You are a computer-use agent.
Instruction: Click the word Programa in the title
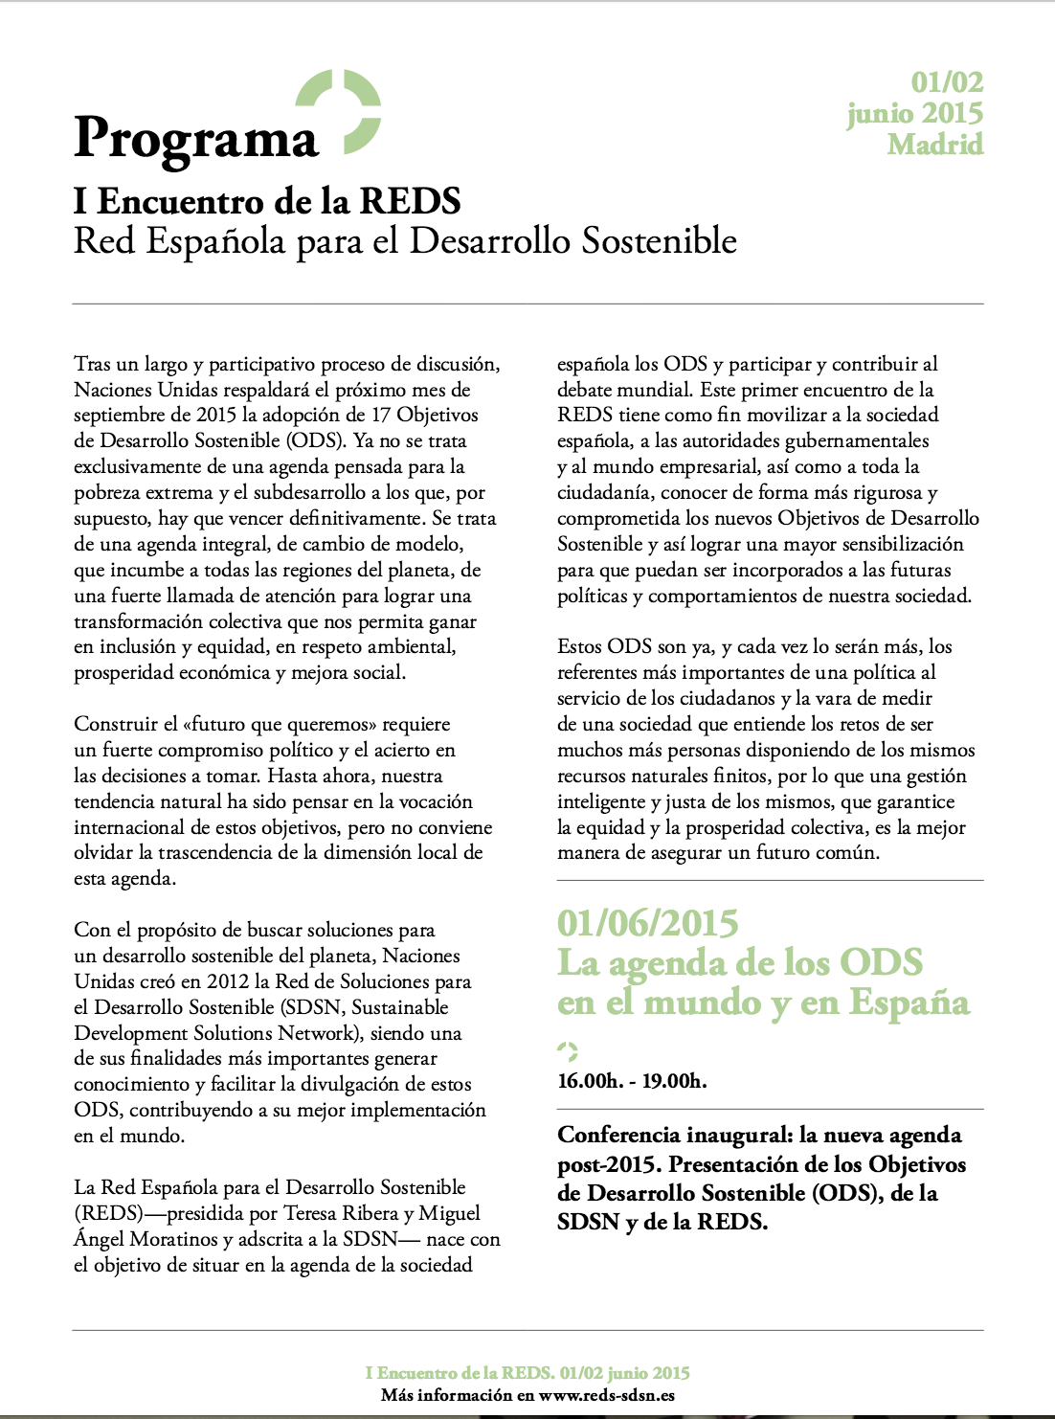196,140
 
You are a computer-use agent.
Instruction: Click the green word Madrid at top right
934,145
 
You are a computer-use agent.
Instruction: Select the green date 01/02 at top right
946,82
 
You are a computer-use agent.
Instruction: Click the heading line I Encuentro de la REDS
267,201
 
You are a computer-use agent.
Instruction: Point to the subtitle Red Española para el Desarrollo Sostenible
405,241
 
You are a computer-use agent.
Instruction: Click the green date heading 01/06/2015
647,923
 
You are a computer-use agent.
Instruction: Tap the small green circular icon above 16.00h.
568,1051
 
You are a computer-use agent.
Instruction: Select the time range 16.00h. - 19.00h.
632,1081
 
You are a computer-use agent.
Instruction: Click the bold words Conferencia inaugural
673,1136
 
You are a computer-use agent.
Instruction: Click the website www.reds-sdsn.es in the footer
606,1395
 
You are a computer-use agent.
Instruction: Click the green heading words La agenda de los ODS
740,962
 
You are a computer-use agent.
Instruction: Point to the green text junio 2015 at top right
914,114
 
